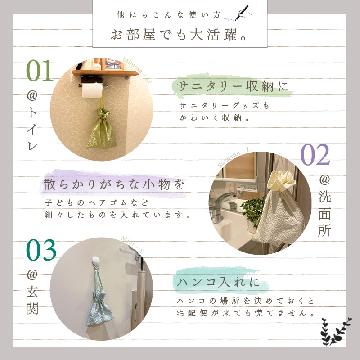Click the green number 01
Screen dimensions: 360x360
(x=40, y=70)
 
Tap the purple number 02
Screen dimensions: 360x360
(x=315, y=154)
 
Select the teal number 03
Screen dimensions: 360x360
(x=41, y=250)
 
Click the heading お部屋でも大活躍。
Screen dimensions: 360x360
(x=179, y=35)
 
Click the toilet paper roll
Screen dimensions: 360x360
(x=92, y=90)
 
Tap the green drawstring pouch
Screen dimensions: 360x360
(x=102, y=129)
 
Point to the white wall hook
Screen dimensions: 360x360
(x=96, y=261)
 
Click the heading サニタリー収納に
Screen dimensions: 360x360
(x=232, y=86)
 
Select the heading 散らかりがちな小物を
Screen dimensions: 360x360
(x=114, y=184)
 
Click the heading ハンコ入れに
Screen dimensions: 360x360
(x=218, y=282)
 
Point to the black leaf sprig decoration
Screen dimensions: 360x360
(x=336, y=331)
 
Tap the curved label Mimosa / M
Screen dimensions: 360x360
(x=137, y=70)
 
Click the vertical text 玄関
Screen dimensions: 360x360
(x=32, y=300)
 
